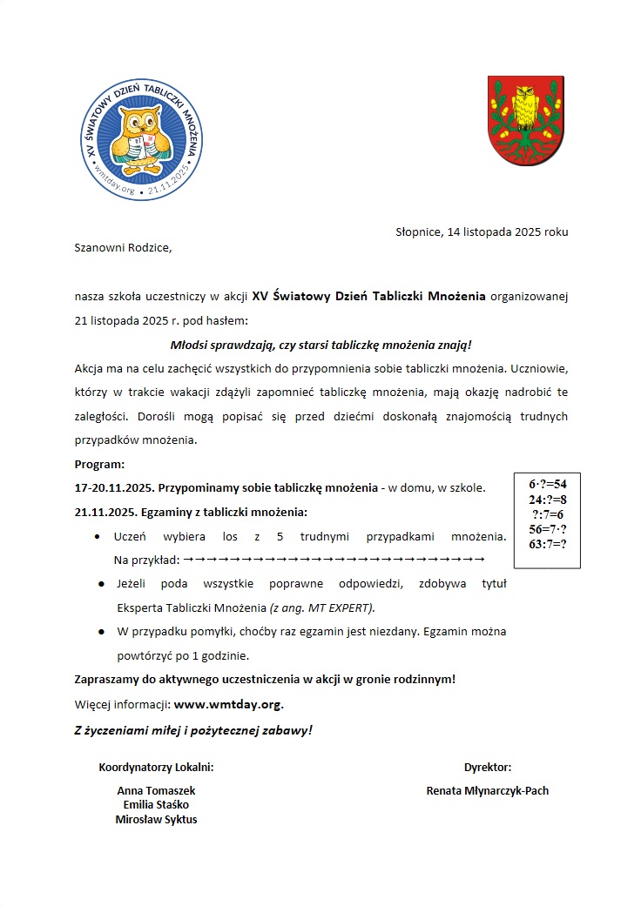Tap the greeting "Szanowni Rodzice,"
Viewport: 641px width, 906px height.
(x=124, y=248)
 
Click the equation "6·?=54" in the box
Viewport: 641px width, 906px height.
(x=548, y=484)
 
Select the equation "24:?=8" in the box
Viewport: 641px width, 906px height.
(x=548, y=499)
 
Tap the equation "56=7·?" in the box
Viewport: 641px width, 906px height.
(x=548, y=529)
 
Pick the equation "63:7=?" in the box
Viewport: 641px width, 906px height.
(x=548, y=544)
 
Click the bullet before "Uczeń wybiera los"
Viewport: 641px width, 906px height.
(x=102, y=536)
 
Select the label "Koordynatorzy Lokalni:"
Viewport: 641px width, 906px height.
(x=157, y=768)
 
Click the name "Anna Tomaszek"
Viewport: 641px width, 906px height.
(x=157, y=790)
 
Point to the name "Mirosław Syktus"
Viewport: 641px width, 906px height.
(x=157, y=819)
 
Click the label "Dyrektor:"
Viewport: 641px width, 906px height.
(x=488, y=768)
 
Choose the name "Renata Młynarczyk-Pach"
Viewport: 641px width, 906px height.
(x=488, y=790)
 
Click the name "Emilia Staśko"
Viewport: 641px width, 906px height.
(x=157, y=805)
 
